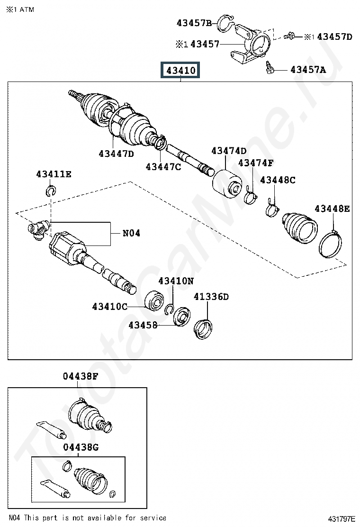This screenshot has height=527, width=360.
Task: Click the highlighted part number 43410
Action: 180,70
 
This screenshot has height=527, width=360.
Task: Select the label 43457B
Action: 194,23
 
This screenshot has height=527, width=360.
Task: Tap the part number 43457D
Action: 334,36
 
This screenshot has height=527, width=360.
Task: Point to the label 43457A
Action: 308,70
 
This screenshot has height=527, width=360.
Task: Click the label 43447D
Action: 116,154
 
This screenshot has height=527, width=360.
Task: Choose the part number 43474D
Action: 229,151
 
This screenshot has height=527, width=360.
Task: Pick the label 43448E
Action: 332,209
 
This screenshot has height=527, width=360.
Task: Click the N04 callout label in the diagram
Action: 131,233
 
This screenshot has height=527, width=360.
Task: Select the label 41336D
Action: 211,297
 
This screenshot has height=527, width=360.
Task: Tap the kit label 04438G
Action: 81,447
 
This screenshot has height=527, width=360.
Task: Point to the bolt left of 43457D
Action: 289,35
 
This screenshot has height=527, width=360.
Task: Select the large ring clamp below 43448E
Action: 330,244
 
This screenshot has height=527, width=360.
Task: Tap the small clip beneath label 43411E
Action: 50,191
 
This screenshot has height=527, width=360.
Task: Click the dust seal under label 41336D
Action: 203,329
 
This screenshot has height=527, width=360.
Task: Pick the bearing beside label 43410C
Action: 154,300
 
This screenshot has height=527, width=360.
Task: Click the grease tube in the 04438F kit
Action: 51,430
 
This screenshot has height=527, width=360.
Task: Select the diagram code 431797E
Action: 342,519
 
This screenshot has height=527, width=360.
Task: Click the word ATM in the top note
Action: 27,9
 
